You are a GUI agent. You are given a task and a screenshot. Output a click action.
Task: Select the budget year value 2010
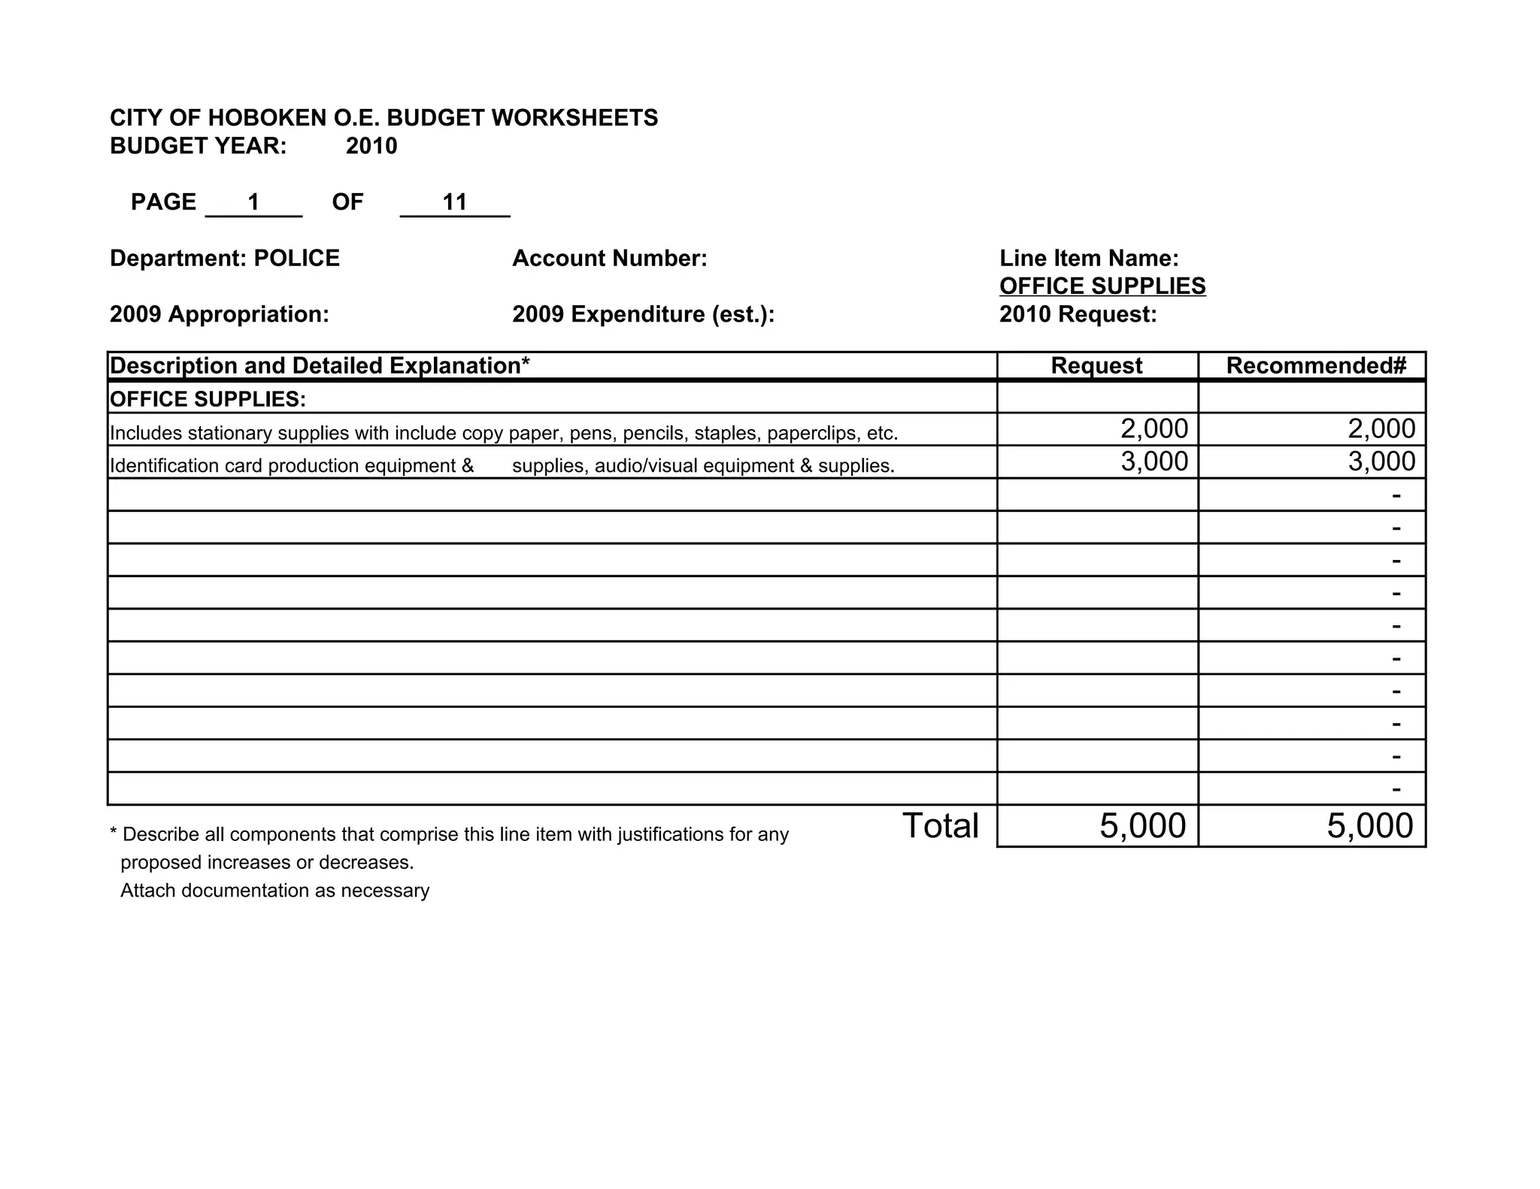[x=371, y=146]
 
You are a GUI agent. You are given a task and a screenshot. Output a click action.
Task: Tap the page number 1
[x=253, y=202]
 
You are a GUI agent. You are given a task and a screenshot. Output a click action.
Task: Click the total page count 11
[x=455, y=202]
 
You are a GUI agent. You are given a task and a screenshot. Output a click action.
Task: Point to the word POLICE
[x=296, y=259]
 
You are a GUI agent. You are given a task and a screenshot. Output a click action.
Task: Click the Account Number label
[x=610, y=259]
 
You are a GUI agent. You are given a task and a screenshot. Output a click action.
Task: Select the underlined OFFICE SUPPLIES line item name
[x=1102, y=286]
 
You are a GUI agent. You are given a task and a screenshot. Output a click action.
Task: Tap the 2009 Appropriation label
[x=220, y=314]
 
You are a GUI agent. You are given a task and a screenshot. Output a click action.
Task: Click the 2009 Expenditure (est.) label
[x=643, y=314]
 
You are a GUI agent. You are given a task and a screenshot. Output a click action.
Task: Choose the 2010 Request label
[x=1078, y=314]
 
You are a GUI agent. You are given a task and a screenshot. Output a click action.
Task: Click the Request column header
[x=1096, y=366]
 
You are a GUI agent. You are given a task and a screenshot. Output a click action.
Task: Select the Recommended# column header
[x=1316, y=366]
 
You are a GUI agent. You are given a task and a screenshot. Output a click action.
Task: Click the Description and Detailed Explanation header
[x=320, y=366]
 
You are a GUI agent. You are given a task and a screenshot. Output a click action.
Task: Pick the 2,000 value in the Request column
[x=1154, y=429]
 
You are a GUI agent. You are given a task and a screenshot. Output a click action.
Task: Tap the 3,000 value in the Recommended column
[x=1381, y=461]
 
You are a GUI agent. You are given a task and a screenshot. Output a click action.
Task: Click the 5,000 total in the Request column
[x=1143, y=826]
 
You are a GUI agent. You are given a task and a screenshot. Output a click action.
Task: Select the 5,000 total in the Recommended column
[x=1370, y=826]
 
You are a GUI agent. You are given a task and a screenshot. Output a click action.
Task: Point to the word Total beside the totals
[x=940, y=826]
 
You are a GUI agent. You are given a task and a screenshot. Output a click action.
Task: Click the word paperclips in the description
[x=811, y=434]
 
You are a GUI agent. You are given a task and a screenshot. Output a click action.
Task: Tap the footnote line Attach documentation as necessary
[x=275, y=891]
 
